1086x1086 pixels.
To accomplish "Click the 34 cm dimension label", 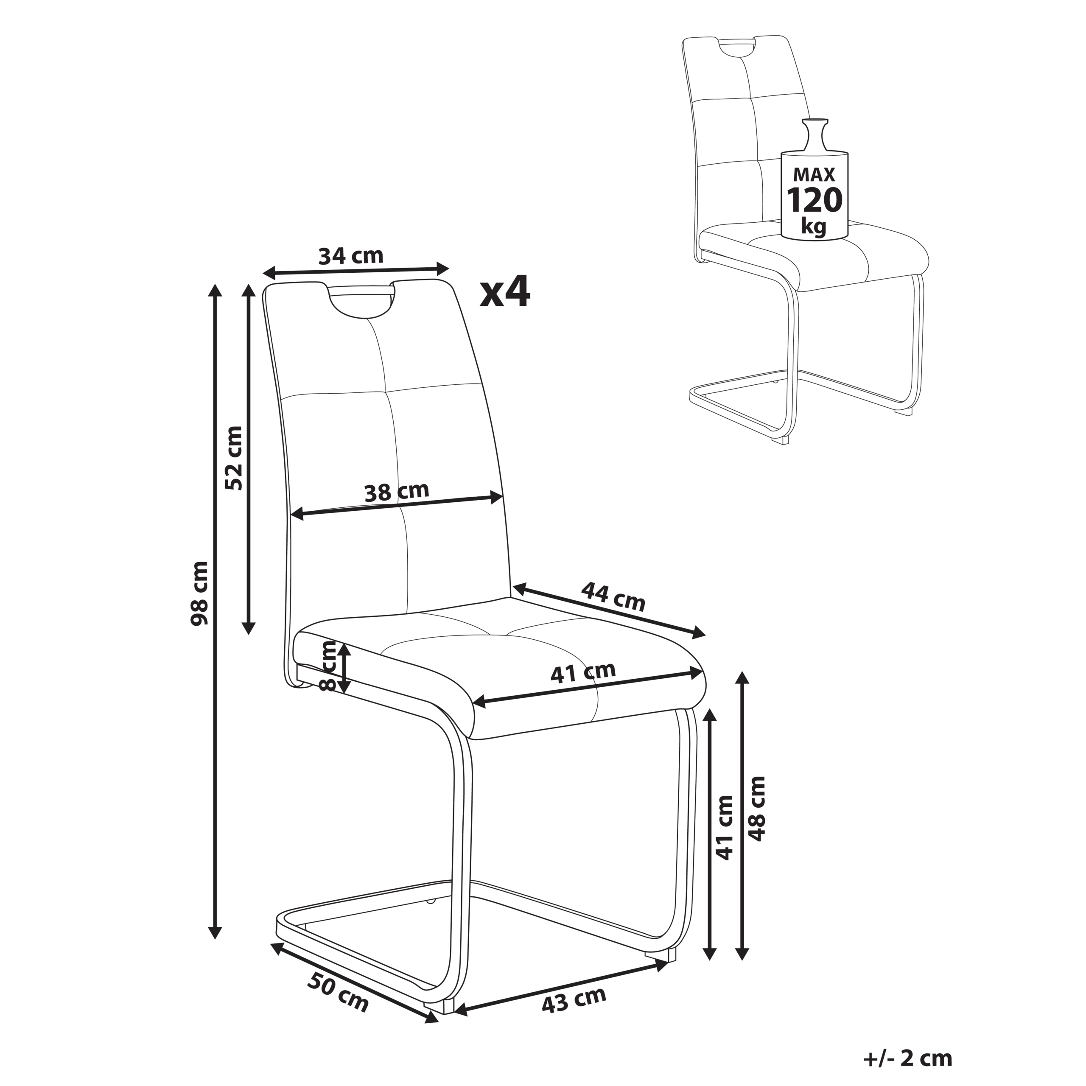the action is (351, 256).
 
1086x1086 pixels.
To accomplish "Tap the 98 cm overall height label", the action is (199, 593).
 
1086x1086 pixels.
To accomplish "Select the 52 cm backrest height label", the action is (233, 458).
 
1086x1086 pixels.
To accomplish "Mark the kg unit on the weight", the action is (814, 227).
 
